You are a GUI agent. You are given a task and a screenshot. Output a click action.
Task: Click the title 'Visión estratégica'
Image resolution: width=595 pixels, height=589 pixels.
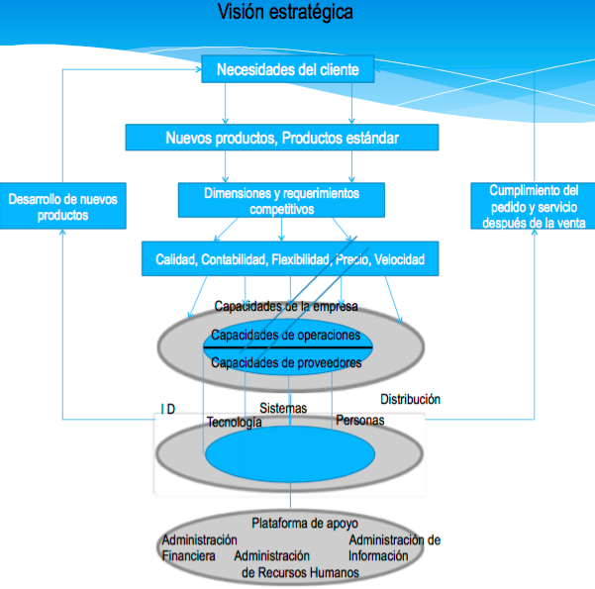coord(285,13)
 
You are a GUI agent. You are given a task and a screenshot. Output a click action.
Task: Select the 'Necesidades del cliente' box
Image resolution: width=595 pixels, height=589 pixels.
coord(287,69)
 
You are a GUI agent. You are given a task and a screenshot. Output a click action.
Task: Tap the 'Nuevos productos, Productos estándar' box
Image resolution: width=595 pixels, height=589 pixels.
coord(281,138)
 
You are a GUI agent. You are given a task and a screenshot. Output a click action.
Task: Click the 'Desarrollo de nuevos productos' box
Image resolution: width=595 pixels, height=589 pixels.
coord(61,207)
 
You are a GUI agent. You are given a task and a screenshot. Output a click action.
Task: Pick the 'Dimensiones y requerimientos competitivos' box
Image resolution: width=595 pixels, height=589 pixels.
coord(281,200)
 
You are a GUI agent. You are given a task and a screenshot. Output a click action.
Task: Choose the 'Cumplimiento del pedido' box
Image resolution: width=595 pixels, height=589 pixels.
coord(532,206)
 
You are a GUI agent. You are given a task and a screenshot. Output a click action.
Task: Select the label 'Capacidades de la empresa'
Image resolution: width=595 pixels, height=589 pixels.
coord(286,306)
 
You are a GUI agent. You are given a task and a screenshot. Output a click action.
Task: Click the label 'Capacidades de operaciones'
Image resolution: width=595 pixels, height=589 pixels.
coord(286,335)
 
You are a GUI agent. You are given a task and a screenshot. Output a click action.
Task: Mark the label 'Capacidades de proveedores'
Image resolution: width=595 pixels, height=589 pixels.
coord(286,362)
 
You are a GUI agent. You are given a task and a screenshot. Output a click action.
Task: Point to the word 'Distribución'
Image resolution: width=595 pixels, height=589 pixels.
coord(411,400)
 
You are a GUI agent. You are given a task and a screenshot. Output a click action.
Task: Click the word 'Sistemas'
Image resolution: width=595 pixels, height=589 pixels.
coord(283,408)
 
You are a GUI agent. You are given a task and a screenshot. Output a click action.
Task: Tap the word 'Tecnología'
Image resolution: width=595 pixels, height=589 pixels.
coord(234,423)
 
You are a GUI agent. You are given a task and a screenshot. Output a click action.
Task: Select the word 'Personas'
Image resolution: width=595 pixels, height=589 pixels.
coord(360,421)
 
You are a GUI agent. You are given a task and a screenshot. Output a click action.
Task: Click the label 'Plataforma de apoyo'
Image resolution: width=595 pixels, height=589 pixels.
coord(305,523)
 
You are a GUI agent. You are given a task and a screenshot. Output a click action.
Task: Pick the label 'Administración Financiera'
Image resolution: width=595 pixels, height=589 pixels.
coord(198,547)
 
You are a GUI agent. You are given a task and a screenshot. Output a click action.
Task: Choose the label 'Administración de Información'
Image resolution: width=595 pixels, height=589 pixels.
coord(394,547)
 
